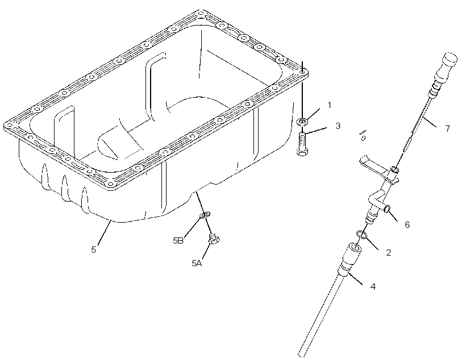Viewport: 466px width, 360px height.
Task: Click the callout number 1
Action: [329, 105]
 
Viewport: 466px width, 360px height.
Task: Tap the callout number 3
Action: [338, 125]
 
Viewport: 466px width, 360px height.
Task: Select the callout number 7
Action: [448, 129]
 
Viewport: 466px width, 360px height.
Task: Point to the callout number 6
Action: [407, 224]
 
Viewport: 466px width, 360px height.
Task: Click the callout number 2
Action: [389, 253]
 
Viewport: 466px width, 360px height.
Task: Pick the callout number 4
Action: [373, 286]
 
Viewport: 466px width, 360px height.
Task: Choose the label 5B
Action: [178, 241]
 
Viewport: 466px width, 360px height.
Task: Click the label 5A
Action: [197, 263]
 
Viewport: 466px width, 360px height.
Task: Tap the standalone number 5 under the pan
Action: [94, 249]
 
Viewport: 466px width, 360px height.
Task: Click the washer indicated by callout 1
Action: [302, 121]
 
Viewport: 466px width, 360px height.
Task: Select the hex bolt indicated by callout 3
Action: [302, 144]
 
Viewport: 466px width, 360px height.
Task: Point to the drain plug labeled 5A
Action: [214, 238]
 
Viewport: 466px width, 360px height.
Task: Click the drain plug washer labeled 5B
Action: [205, 214]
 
